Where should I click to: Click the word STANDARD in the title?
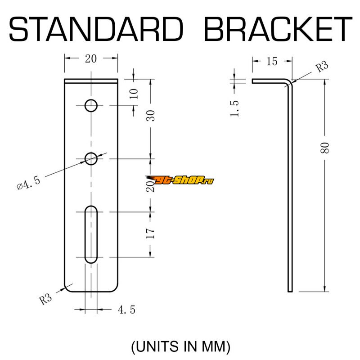96,29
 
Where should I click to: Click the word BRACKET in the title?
278,29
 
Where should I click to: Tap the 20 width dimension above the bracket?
91,59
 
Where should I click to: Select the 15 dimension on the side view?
272,62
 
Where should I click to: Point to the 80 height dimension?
325,148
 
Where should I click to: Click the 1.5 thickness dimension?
234,108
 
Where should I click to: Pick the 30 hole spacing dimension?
151,116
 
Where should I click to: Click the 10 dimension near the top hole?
134,94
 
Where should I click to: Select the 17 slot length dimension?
150,233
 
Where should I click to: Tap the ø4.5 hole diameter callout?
29,183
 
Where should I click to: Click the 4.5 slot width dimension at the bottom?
126,310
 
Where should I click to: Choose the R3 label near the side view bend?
322,67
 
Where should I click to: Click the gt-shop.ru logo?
180,180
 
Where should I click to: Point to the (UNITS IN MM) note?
180,346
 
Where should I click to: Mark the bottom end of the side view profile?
290,292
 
